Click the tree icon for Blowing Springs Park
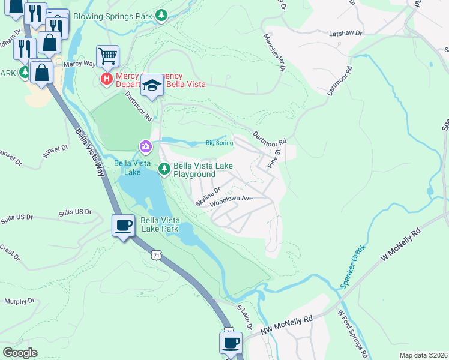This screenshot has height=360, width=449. coord(161,16)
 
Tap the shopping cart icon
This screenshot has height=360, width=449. coord(107,56)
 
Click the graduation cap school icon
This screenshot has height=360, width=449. coord(152,86)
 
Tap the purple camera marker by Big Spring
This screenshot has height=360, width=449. coord(145,146)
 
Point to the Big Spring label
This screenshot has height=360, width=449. coord(218,143)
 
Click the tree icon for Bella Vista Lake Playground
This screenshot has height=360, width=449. coord(164,170)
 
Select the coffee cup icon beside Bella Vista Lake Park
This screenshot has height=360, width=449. coord(124,226)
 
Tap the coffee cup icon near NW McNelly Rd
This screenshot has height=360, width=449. coord(231,343)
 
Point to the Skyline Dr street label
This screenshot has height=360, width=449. coord(208,196)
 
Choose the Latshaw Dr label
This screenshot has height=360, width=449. coord(346,34)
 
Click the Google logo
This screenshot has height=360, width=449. coord(20,353)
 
